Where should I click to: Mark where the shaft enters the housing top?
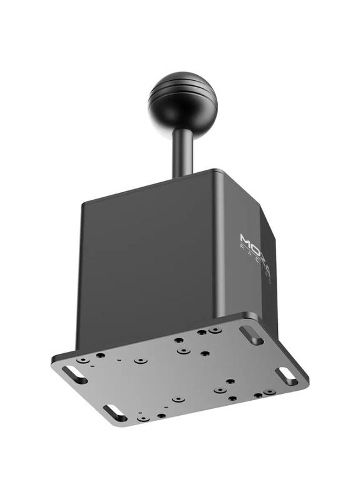click(x=183, y=176)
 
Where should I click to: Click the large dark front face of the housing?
click(x=147, y=263)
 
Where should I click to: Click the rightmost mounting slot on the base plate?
click(x=286, y=376)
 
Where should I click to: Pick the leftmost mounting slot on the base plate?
click(x=74, y=374)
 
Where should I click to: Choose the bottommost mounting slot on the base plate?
click(x=115, y=413)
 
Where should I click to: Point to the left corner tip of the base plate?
click(x=53, y=361)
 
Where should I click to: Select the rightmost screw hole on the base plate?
click(x=269, y=392)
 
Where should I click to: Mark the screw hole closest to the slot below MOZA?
click(x=215, y=329)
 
